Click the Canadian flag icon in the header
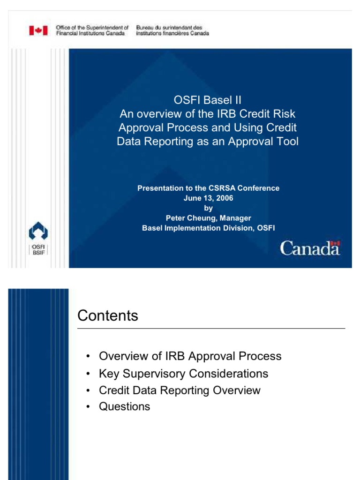pyautogui.click(x=38, y=31)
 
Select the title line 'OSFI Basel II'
pyautogui.click(x=207, y=100)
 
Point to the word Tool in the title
pyautogui.click(x=287, y=142)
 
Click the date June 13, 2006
pyautogui.click(x=208, y=198)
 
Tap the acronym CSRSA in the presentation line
pyautogui.click(x=221, y=188)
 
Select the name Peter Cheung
pyautogui.click(x=186, y=218)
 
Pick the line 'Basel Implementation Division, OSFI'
pyautogui.click(x=208, y=228)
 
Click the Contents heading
pyautogui.click(x=108, y=316)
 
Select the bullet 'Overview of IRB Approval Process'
pyautogui.click(x=190, y=356)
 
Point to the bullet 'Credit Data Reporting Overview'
pyautogui.click(x=180, y=390)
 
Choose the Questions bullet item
pyautogui.click(x=124, y=406)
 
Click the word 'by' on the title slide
pyautogui.click(x=208, y=209)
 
